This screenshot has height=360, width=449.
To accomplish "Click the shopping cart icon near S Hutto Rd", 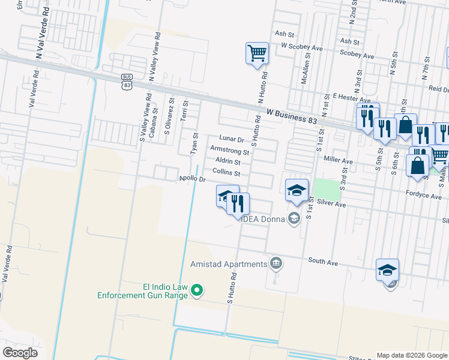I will (257, 53).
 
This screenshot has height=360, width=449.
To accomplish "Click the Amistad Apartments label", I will (229, 264).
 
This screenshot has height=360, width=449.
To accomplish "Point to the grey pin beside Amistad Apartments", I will (276, 262).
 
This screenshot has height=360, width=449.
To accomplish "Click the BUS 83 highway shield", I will (126, 82).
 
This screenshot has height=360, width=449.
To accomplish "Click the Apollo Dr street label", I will (193, 179).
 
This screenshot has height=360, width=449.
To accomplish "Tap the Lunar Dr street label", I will (232, 139).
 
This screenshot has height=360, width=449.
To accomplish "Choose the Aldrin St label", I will (228, 162).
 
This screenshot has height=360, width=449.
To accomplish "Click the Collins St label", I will (226, 173).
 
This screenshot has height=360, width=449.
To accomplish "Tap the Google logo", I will (20, 353).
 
